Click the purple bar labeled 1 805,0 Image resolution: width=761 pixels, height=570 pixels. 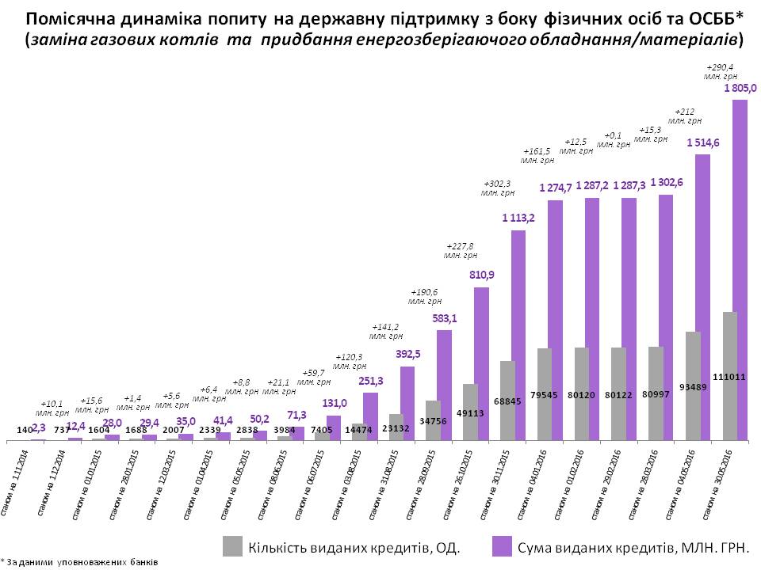coord(739,269)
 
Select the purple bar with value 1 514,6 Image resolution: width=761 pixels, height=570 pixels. coord(702,297)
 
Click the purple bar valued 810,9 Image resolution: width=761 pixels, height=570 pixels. coord(481,363)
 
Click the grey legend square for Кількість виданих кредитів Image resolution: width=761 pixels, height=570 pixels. coord(233,545)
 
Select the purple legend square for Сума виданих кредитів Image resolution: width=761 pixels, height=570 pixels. coord(502,545)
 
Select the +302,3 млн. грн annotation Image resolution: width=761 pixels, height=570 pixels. coord(498,187)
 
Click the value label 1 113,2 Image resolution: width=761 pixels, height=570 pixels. coord(518,218)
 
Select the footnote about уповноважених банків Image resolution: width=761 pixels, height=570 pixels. coord(79,561)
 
